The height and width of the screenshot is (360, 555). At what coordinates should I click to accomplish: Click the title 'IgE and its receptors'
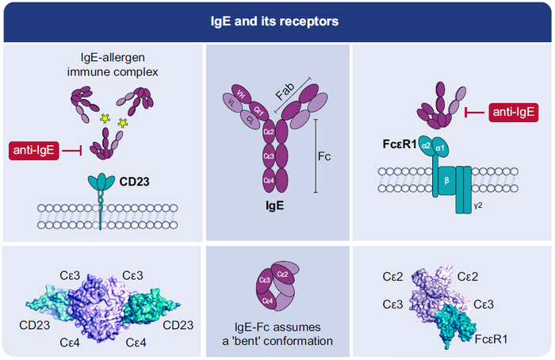[277, 21]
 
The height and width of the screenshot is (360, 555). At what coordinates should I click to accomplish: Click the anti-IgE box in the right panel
[514, 113]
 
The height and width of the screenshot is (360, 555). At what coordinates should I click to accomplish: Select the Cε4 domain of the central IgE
[269, 182]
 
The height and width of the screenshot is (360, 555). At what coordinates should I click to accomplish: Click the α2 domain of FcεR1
[426, 146]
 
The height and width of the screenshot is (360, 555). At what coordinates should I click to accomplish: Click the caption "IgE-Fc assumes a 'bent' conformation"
[276, 335]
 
